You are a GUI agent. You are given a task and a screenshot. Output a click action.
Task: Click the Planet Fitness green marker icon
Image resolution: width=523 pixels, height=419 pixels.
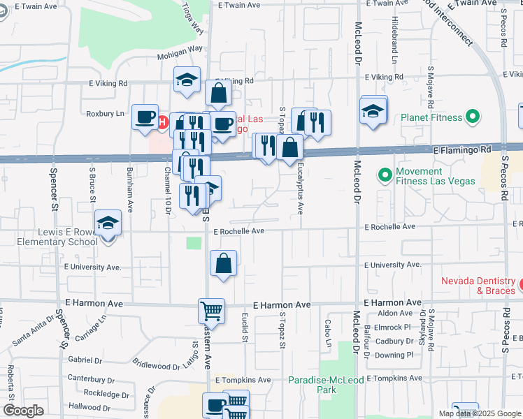474,117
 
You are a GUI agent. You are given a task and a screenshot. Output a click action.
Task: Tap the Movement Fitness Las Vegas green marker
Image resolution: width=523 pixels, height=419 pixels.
384,173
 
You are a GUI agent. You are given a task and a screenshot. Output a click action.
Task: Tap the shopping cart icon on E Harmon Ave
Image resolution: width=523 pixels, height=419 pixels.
211,310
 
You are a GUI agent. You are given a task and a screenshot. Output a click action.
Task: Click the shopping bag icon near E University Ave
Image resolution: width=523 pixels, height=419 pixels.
223,263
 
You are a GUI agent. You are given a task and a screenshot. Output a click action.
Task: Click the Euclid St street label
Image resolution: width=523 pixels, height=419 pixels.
245,329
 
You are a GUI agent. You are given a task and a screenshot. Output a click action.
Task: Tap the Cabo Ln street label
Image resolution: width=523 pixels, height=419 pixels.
327,329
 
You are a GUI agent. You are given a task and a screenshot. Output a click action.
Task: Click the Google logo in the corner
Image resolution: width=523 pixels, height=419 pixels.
23,411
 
